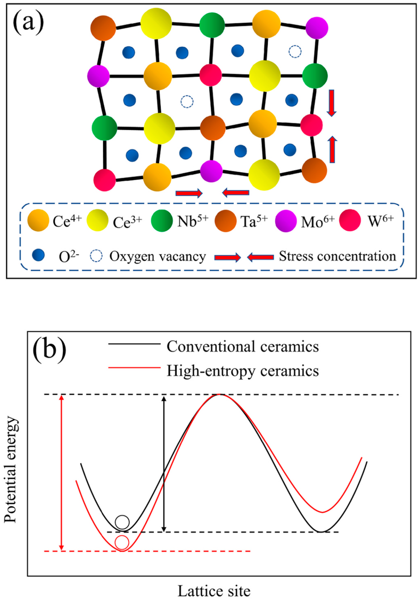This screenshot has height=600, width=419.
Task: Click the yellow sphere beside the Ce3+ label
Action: click(97, 221)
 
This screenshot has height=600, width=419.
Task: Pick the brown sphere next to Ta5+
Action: click(225, 221)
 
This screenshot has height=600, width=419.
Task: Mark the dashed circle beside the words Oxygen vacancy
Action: click(96, 256)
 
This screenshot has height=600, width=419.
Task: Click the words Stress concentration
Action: click(337, 256)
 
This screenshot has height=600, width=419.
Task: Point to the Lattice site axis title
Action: click(214, 590)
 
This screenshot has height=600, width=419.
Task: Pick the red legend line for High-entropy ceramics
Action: click(134, 368)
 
